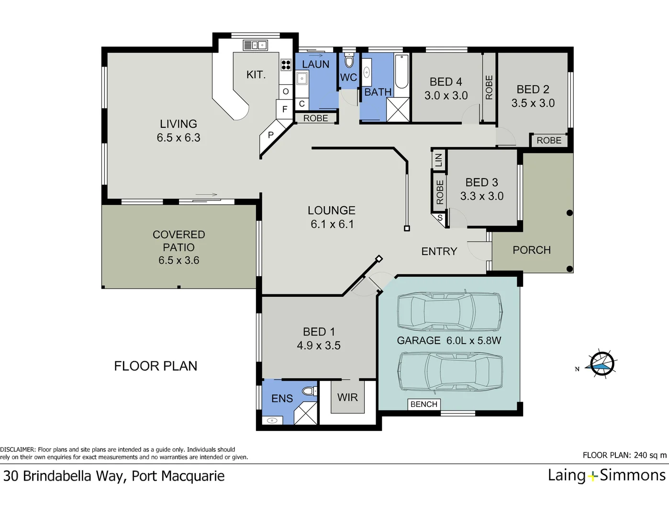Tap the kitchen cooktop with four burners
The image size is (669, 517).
(286, 65)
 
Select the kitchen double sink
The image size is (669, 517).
(255, 45)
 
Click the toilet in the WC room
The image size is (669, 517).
(349, 61)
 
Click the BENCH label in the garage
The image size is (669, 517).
(424, 404)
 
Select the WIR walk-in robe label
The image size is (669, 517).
(347, 397)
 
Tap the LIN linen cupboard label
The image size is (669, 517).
(438, 159)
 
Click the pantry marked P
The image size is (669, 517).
(270, 135)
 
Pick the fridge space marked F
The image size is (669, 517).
(285, 109)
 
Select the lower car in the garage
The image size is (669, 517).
(450, 371)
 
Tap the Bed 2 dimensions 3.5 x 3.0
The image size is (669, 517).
(533, 103)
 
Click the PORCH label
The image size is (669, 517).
(531, 250)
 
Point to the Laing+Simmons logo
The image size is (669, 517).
(606, 475)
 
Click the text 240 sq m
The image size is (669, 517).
(650, 455)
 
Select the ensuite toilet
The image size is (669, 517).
(310, 391)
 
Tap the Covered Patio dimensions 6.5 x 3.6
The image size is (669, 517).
(178, 260)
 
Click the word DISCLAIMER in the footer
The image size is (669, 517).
(18, 450)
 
